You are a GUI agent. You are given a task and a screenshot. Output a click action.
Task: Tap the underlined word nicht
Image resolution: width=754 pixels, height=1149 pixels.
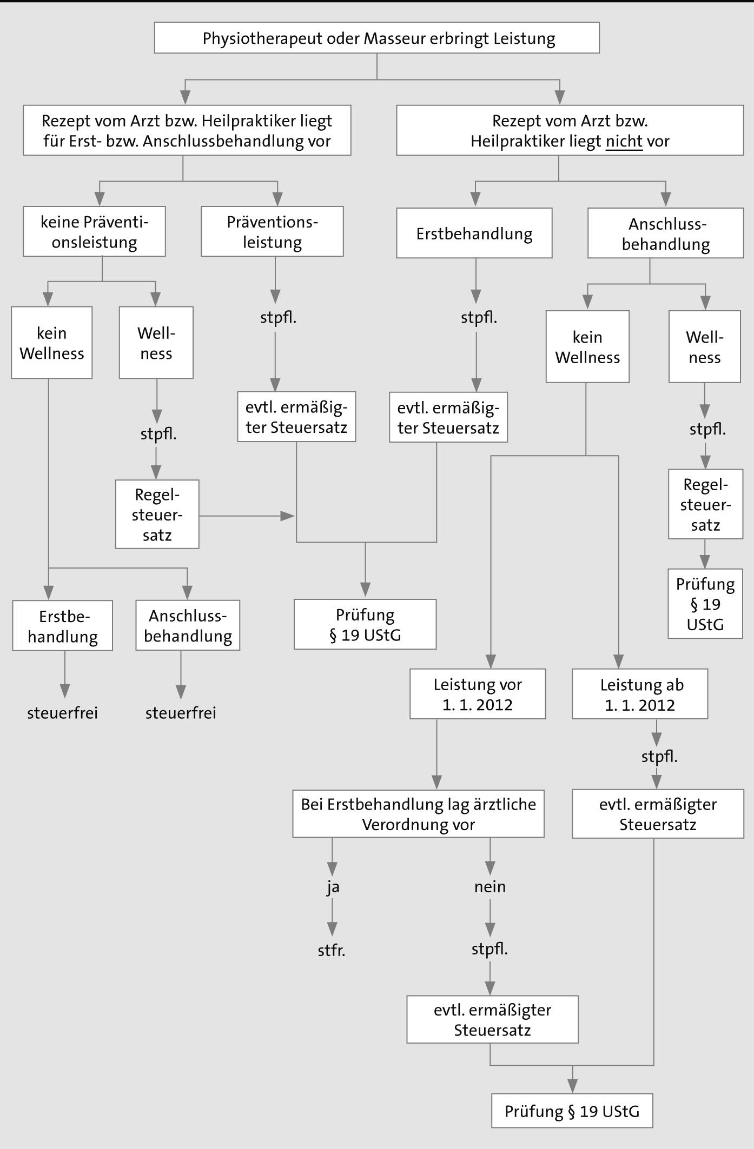tap(624, 142)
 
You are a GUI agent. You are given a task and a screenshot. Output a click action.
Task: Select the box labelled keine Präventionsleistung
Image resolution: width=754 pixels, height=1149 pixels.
tap(94, 231)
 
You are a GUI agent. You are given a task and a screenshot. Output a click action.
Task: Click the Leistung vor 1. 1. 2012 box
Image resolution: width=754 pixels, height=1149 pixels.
tap(478, 694)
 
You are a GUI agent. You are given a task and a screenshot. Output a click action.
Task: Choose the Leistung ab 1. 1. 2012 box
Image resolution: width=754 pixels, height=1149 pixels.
tap(640, 694)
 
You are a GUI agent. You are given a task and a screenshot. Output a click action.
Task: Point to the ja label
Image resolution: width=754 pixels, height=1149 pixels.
tap(333, 887)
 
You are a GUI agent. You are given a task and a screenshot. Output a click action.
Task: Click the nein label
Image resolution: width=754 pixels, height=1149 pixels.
tap(490, 887)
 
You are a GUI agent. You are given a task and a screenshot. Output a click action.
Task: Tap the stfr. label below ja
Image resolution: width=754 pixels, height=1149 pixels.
tap(332, 951)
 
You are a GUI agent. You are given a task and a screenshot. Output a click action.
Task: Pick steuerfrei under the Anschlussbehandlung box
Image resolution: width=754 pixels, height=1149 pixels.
tap(181, 713)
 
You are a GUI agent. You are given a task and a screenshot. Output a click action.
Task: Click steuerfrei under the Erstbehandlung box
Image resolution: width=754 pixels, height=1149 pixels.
tap(63, 713)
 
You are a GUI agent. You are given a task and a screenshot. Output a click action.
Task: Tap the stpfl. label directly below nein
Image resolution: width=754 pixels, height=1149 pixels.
tap(490, 950)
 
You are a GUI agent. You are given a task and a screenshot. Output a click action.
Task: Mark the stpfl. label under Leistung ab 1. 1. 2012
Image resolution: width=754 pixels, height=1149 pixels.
tap(659, 757)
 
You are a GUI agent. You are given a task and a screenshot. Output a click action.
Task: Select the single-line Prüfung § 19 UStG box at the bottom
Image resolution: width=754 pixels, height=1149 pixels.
tap(572, 1111)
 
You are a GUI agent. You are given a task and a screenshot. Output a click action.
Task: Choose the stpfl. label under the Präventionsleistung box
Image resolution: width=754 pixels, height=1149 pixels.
tap(279, 317)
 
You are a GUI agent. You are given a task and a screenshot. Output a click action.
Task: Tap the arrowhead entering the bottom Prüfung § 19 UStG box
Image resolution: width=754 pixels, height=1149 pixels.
tap(572, 1087)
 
